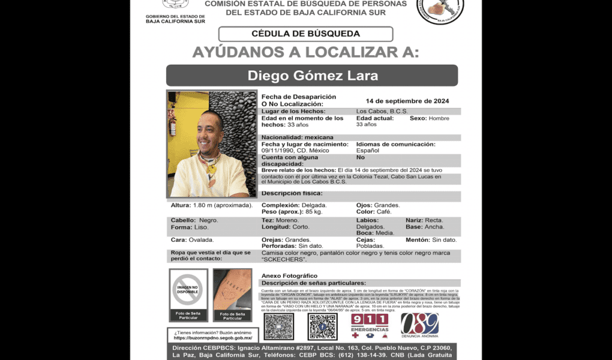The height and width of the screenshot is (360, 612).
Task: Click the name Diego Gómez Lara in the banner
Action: pos(312,76)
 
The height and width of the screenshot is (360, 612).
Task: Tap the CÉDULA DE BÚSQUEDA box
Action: pos(305,34)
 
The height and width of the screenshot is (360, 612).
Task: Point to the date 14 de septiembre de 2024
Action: pos(407,101)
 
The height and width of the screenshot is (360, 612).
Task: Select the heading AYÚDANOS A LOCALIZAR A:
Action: pos(305,52)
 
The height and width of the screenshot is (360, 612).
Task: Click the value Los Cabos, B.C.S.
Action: pos(382,112)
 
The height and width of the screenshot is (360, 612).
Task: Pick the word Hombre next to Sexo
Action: pos(439,118)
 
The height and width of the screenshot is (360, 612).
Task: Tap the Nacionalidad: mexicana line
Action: pos(297,137)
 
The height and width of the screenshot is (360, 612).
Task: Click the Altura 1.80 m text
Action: pos(212,205)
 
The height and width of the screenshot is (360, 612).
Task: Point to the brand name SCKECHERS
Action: pos(284,259)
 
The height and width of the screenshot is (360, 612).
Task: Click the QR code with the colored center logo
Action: pos(323,327)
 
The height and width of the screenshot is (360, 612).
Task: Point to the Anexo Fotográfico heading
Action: pos(289,275)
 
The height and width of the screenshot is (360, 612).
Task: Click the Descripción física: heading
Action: pos(292,193)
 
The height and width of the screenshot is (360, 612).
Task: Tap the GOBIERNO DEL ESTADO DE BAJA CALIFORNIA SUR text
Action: pos(175,19)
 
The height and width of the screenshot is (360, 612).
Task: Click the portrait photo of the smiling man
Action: pos(211,144)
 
